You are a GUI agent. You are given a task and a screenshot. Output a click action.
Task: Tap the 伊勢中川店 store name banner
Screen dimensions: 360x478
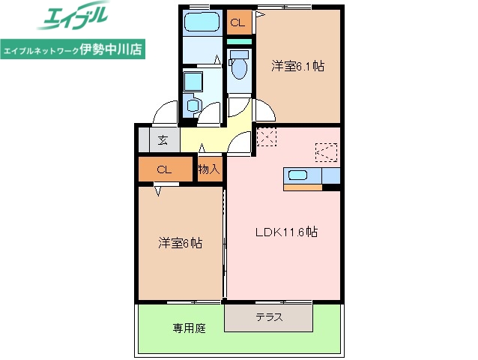click(x=72, y=49)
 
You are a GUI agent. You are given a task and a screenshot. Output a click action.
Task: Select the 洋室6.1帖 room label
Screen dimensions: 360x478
click(x=297, y=67)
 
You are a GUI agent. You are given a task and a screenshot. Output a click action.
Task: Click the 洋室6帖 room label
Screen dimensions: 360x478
click(x=180, y=243)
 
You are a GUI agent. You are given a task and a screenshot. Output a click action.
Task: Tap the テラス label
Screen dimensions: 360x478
click(x=269, y=317)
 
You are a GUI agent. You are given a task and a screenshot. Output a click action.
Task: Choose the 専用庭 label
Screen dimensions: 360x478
click(x=189, y=328)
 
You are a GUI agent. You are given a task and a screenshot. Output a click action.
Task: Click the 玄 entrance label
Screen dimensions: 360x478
click(x=163, y=139)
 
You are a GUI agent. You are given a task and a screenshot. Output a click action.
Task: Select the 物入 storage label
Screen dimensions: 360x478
click(x=209, y=169)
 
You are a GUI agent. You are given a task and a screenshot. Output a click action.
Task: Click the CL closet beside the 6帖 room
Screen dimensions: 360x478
click(x=165, y=169)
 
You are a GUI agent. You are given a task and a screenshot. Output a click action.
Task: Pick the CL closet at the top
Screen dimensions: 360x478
click(x=238, y=23)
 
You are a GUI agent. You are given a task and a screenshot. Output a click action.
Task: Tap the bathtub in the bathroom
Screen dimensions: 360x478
click(x=201, y=23)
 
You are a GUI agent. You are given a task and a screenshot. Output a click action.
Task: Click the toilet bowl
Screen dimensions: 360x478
click(x=239, y=68)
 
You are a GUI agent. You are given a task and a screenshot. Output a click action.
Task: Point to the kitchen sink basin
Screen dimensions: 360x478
click(x=297, y=175)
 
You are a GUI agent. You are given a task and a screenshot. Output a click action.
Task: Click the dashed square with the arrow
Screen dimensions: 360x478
click(x=326, y=152)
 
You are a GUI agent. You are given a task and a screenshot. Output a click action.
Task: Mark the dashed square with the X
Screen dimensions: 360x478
click(x=267, y=137)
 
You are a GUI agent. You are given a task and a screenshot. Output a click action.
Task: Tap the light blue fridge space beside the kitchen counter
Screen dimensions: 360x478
click(x=330, y=176)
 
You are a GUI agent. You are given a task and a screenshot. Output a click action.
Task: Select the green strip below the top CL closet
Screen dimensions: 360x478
click(x=240, y=40)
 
